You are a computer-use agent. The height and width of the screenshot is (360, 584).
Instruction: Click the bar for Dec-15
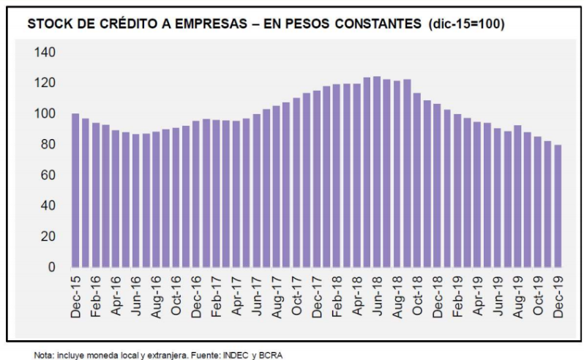tap(75, 190)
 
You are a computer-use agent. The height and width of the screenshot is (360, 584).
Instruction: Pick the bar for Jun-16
tap(135, 200)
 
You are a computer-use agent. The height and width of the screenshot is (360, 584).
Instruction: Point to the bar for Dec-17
tap(316, 179)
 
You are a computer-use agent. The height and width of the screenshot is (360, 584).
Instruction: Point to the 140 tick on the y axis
tap(45, 52)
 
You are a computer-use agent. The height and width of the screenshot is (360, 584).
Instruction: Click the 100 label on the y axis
tap(45, 113)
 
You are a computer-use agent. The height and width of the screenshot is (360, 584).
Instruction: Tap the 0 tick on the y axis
tap(51, 267)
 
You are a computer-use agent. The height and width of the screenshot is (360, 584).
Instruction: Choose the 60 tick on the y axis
tap(48, 175)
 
